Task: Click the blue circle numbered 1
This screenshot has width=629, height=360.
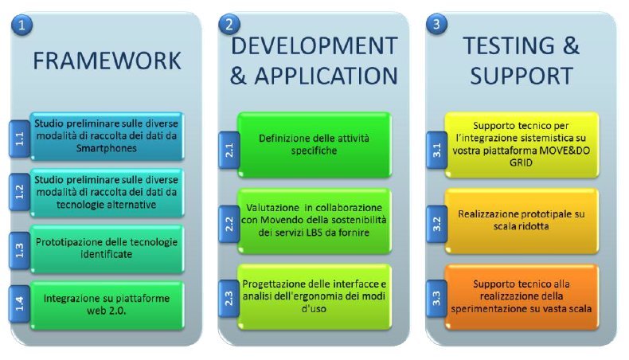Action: [21, 25]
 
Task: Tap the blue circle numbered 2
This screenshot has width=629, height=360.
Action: [229, 24]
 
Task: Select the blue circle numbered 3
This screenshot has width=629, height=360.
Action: [436, 24]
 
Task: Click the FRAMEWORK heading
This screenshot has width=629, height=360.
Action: [107, 61]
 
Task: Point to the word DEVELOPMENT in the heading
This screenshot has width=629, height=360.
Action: [314, 45]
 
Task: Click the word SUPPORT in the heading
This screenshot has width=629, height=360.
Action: [522, 76]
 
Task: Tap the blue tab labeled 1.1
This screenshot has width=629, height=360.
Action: [19, 139]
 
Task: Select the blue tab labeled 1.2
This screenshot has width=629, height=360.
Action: [19, 192]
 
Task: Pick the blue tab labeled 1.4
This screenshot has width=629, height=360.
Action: [19, 303]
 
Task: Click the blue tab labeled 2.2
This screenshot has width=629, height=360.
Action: [229, 224]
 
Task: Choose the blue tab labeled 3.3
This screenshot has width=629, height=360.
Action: [437, 299]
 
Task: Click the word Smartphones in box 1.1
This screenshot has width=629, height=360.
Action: [107, 148]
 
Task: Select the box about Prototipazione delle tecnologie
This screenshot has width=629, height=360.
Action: [107, 248]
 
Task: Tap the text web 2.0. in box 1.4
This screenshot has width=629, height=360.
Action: [107, 311]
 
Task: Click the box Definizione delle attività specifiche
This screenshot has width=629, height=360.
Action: [314, 145]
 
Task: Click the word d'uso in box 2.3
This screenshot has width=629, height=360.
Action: [314, 309]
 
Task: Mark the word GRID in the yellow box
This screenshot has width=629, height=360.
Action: [521, 162]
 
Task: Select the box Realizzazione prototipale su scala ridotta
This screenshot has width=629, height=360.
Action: [522, 221]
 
